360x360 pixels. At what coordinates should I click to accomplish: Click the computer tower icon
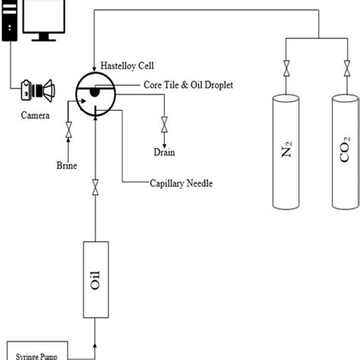[x=9, y=23]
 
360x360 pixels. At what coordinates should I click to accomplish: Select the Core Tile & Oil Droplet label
[x=182, y=85]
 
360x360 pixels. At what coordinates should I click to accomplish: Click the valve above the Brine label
[x=69, y=134]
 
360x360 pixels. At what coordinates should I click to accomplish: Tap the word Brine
[x=68, y=165]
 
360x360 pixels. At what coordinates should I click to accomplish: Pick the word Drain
[x=164, y=152]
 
